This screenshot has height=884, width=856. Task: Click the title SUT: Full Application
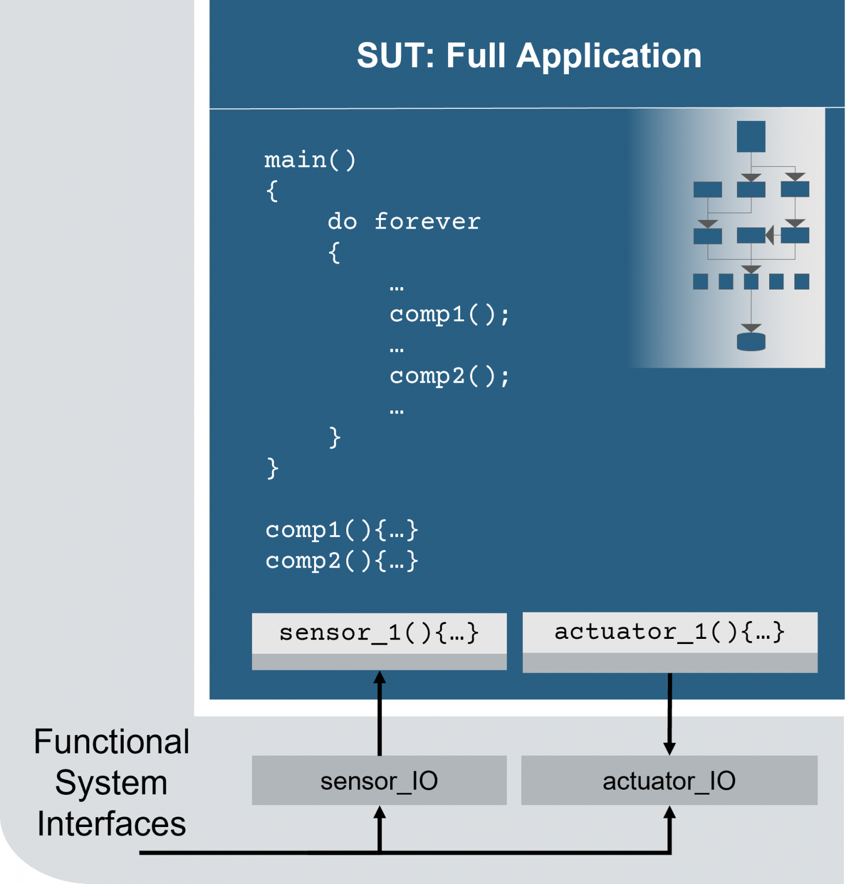point(529,56)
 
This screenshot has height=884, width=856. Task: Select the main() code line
point(310,160)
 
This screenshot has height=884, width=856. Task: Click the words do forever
point(404,222)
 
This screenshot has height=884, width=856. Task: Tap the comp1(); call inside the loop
point(449,314)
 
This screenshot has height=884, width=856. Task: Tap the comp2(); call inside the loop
point(449,376)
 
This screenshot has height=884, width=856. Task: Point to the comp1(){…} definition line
point(342,530)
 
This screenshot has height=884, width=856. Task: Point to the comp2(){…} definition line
point(342,561)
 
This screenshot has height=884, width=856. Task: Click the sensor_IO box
point(379,781)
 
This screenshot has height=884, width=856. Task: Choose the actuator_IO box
point(669,781)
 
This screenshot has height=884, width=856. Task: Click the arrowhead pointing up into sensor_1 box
point(379,678)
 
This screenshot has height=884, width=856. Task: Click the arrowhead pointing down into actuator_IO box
point(669,748)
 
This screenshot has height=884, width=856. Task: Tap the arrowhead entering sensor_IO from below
point(379,813)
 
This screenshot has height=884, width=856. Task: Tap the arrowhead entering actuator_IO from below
point(669,813)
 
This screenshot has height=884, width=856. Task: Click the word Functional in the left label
point(112,741)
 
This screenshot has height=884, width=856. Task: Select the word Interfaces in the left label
point(112,824)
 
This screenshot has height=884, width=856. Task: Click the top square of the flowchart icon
point(751,136)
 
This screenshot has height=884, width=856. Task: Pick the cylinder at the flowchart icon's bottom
point(751,342)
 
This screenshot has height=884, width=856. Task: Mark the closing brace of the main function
point(273,468)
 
